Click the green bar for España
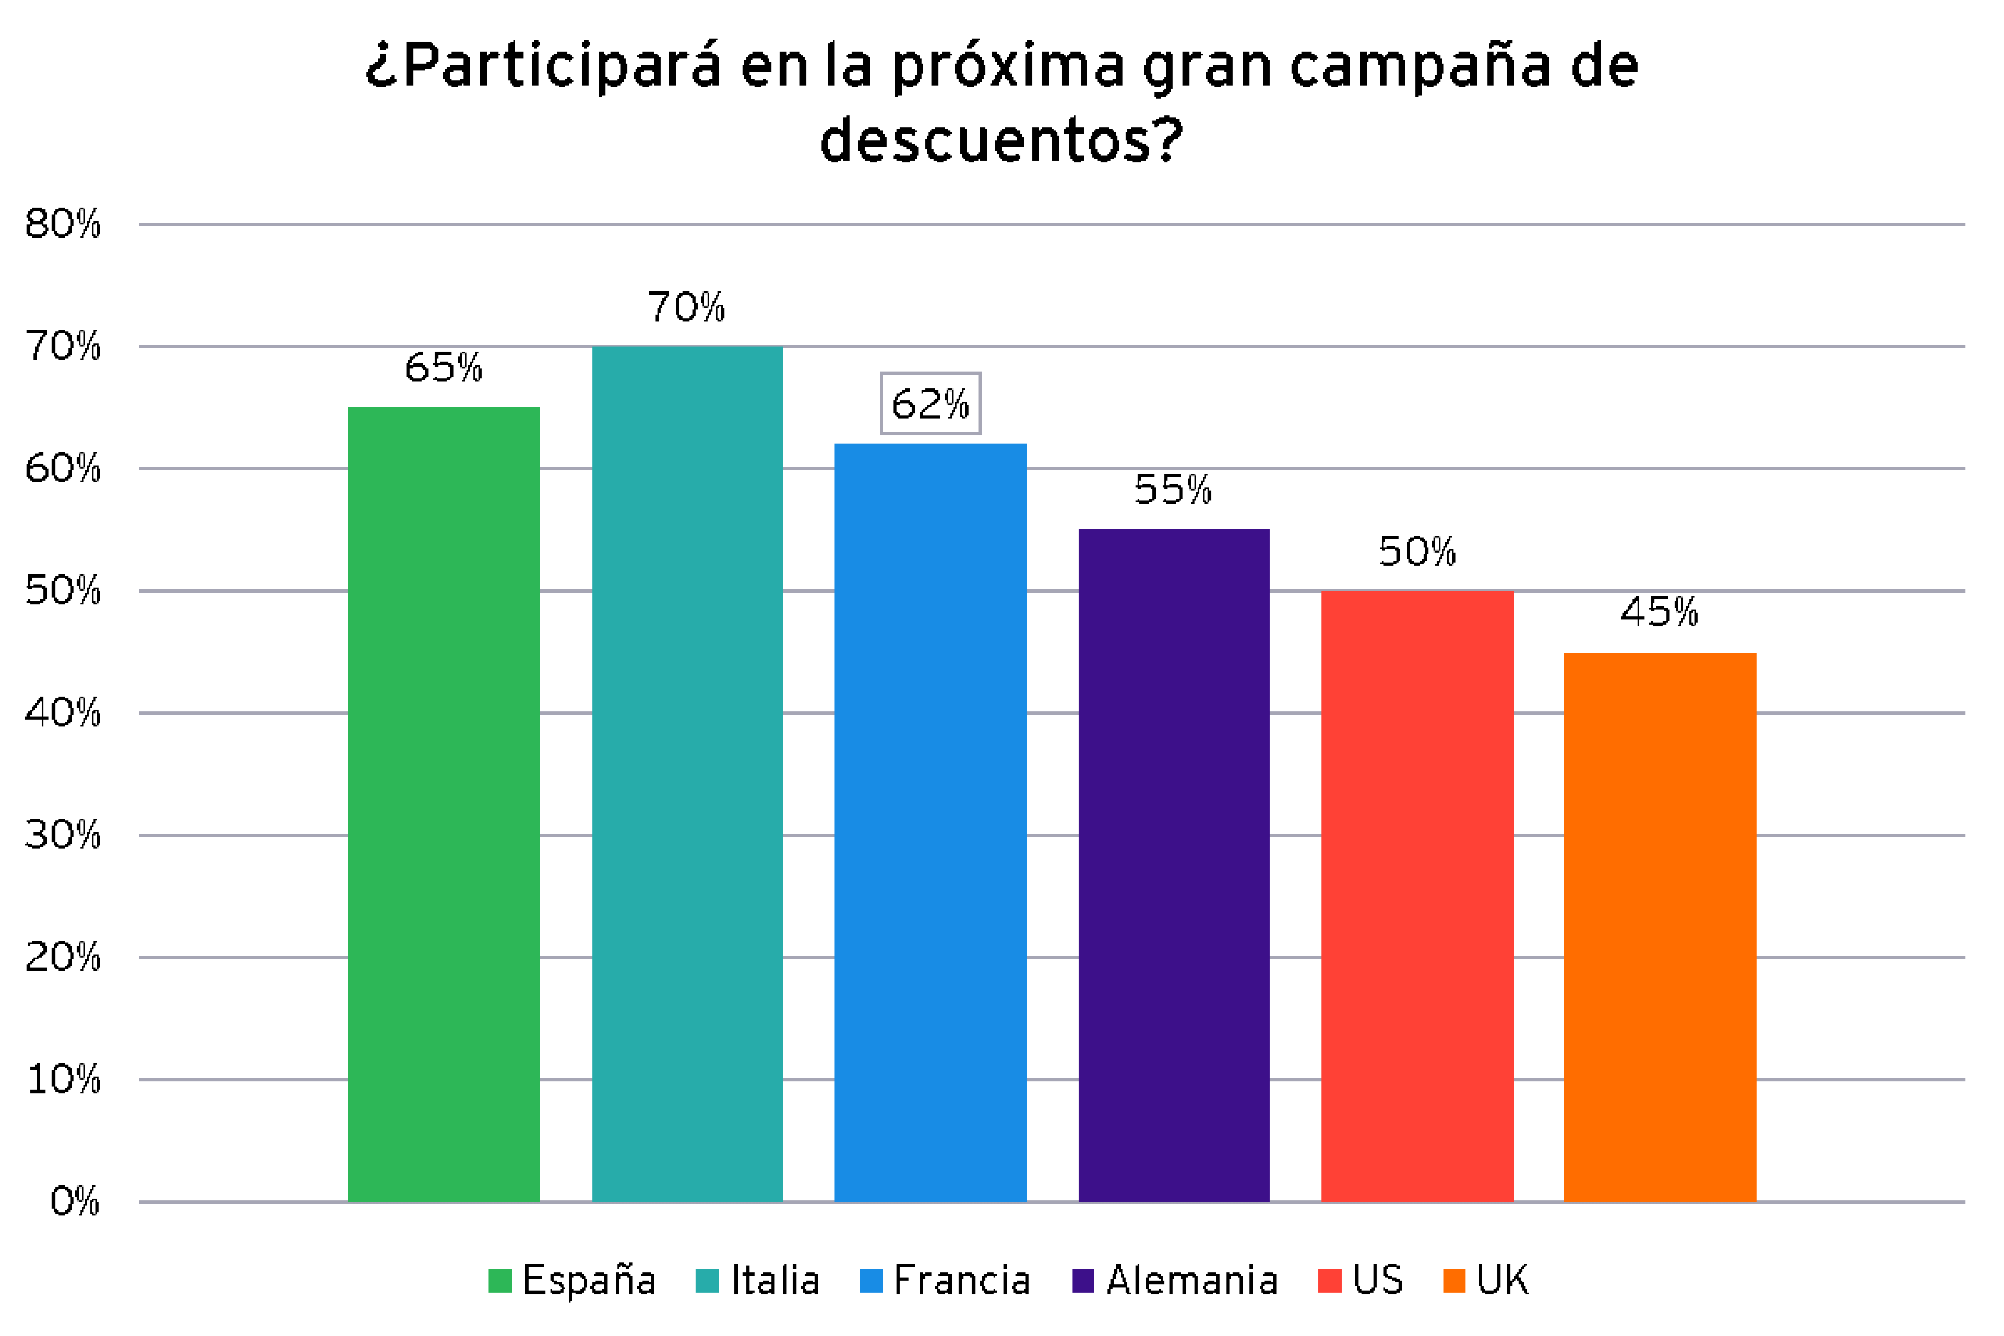pyautogui.click(x=444, y=805)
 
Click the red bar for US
pyautogui.click(x=1417, y=897)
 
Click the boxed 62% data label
pyautogui.click(x=931, y=404)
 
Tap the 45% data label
pyautogui.click(x=1659, y=613)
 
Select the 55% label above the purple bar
pyautogui.click(x=1173, y=490)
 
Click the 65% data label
pyautogui.click(x=443, y=368)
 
